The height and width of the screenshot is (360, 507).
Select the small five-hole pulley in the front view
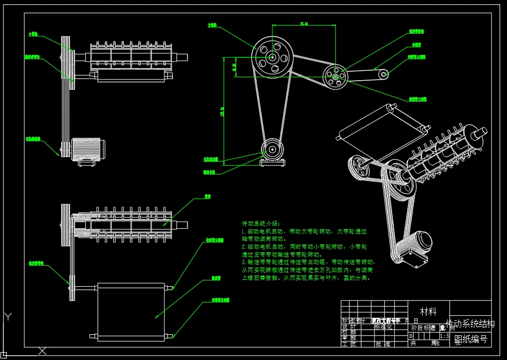pos(335,76)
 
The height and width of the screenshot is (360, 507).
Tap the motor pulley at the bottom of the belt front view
pos(272,149)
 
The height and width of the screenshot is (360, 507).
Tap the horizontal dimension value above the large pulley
pos(304,24)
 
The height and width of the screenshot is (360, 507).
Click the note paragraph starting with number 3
pos(308,269)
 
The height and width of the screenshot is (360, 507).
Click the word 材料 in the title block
pos(428,312)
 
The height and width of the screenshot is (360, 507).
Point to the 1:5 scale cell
pos(444,335)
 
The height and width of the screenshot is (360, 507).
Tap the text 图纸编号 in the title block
pos(471,339)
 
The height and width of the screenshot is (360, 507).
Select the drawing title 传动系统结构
pos(470,323)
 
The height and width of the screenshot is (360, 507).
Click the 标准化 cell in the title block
pos(383,327)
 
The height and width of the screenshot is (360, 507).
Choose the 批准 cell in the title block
pos(383,344)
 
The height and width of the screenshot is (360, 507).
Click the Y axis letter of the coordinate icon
pos(8,317)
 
